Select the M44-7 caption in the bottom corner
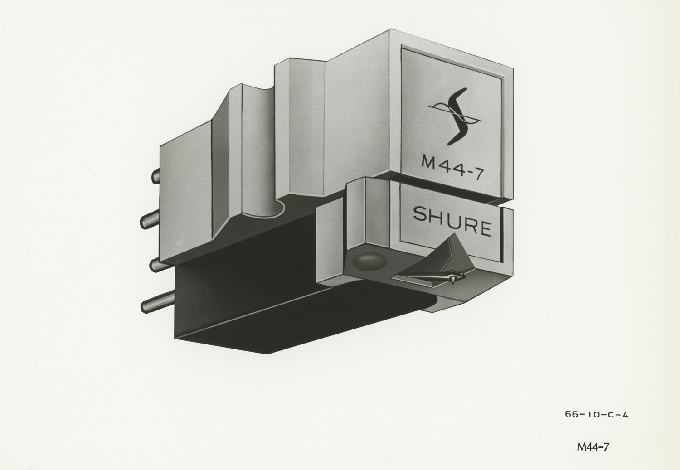(x=593, y=446)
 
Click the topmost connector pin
(x=156, y=175)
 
